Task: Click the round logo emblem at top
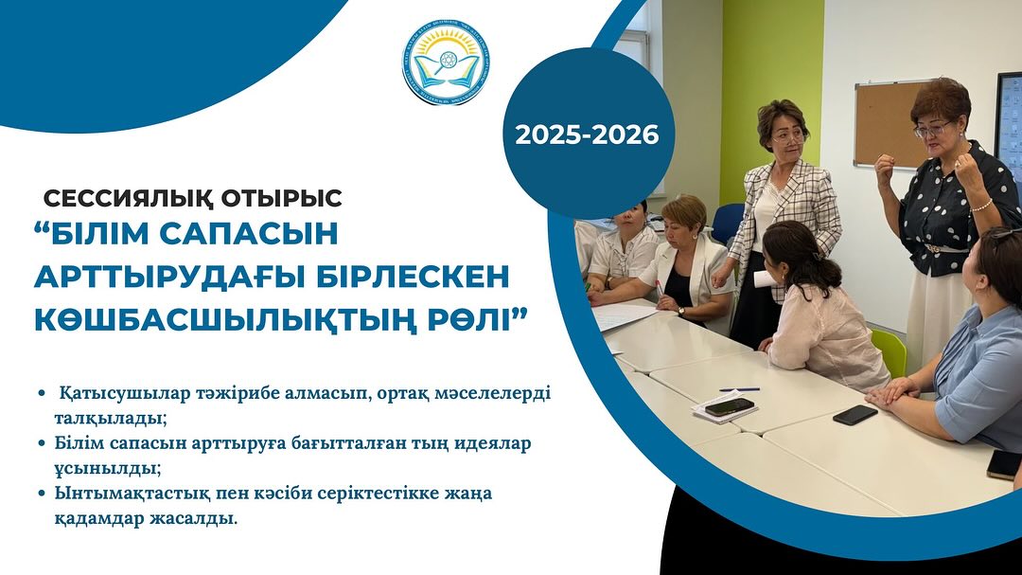tap(445, 62)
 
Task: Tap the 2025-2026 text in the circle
tap(587, 135)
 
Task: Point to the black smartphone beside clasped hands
tap(855, 414)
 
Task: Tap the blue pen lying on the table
tap(739, 389)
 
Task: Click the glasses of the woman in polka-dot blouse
tap(932, 130)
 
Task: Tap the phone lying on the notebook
tap(730, 406)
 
